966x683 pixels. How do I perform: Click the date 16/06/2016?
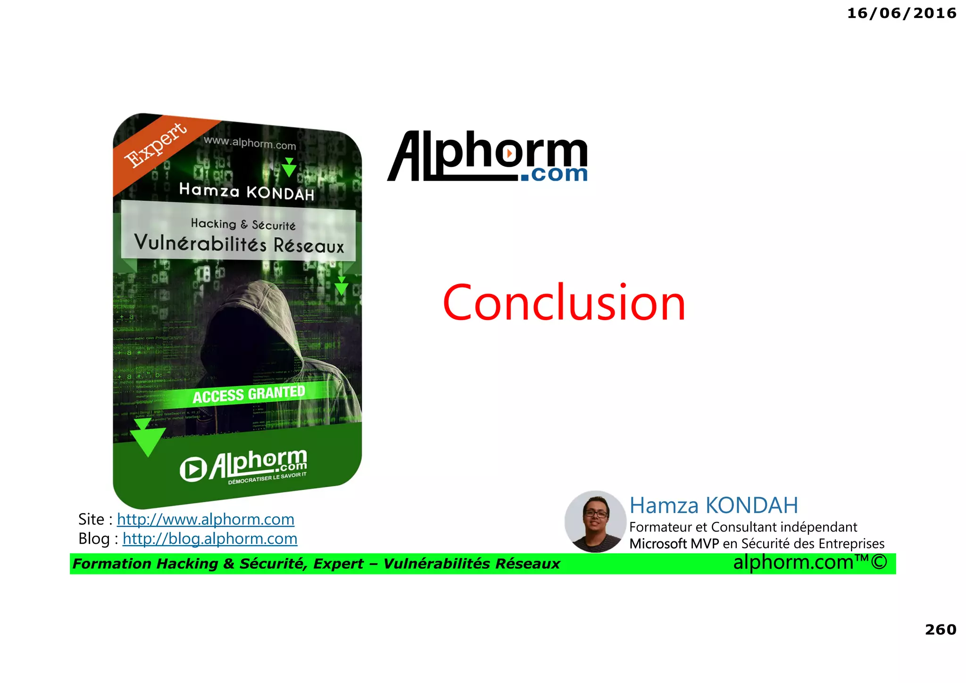point(901,13)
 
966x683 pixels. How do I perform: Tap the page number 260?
point(940,629)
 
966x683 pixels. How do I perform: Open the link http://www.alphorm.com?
point(206,519)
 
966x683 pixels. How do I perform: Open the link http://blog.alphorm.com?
point(210,539)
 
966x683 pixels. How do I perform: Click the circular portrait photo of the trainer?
point(595,522)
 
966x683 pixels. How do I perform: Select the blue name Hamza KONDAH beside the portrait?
point(714,505)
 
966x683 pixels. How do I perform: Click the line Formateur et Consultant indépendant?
point(743,527)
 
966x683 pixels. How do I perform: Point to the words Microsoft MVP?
point(674,544)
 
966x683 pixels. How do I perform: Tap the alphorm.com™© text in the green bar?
point(810,562)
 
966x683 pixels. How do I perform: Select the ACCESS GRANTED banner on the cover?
point(249,394)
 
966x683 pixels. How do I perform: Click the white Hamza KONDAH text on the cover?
point(247,192)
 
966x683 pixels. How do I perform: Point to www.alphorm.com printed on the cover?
point(250,143)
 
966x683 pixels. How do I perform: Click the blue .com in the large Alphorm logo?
point(554,174)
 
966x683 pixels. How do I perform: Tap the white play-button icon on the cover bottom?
point(193,469)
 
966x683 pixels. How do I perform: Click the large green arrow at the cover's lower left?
point(147,437)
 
